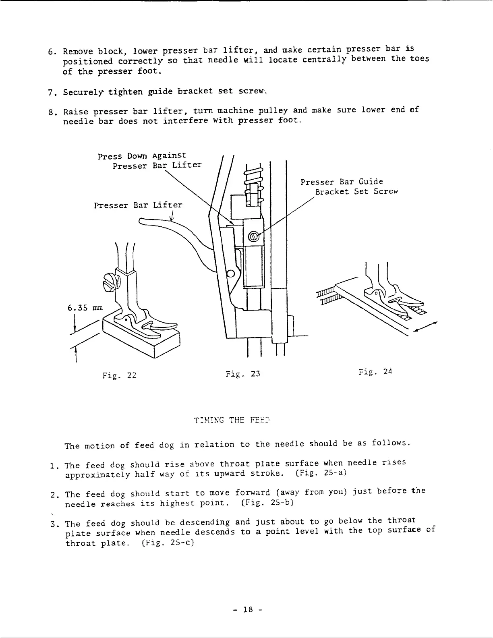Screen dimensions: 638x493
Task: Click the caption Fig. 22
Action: point(120,376)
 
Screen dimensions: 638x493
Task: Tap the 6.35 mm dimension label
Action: point(85,308)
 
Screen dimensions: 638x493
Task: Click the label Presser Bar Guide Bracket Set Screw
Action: point(349,186)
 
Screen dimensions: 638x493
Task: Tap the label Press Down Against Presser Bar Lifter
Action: point(149,160)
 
